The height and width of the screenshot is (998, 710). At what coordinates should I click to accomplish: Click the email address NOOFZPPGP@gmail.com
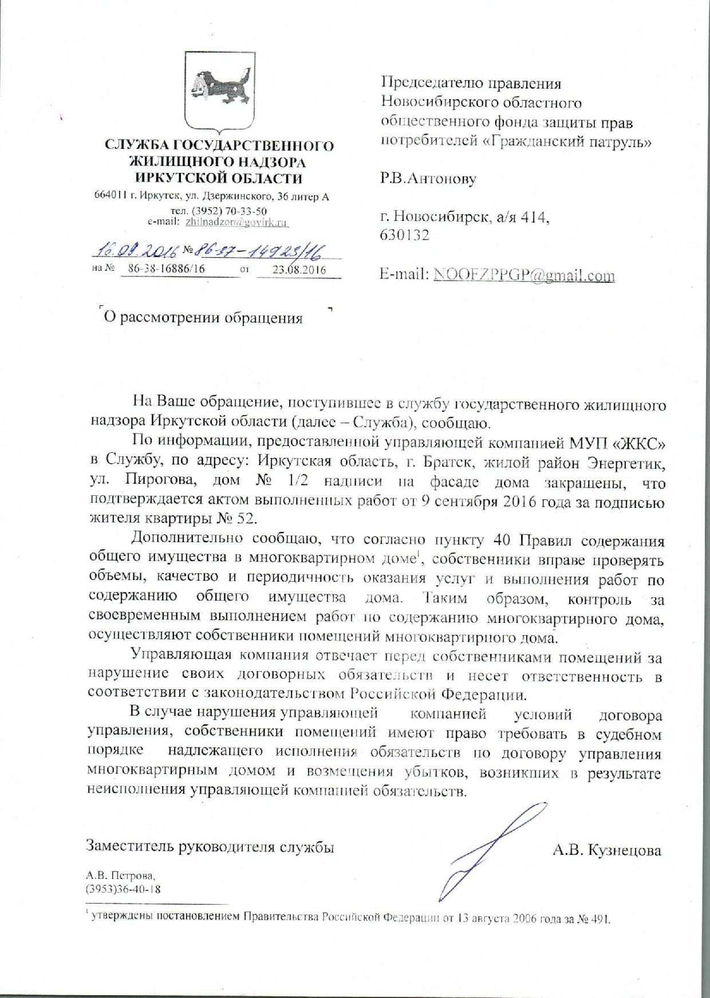[524, 275]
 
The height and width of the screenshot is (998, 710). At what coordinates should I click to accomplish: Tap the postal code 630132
[405, 235]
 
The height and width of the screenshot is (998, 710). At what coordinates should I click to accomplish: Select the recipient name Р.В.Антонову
[428, 179]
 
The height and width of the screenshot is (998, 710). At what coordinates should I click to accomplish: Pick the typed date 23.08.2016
[298, 270]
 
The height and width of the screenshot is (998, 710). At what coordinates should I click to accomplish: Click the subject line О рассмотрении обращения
[202, 318]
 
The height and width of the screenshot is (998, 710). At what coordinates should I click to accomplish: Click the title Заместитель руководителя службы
[210, 847]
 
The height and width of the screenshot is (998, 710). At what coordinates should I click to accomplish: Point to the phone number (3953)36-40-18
[123, 889]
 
